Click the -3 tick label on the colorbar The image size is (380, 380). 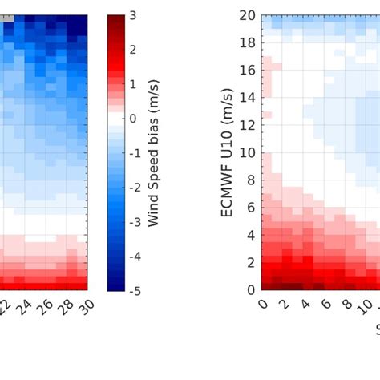135,221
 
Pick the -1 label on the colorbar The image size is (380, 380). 135,152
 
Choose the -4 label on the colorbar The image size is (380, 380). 135,256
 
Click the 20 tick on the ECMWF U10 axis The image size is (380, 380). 247,15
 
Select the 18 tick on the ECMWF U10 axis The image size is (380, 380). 247,42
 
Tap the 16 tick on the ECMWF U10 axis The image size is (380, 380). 247,70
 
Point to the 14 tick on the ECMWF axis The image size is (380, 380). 247,97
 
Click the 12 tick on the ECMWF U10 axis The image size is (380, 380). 247,125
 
